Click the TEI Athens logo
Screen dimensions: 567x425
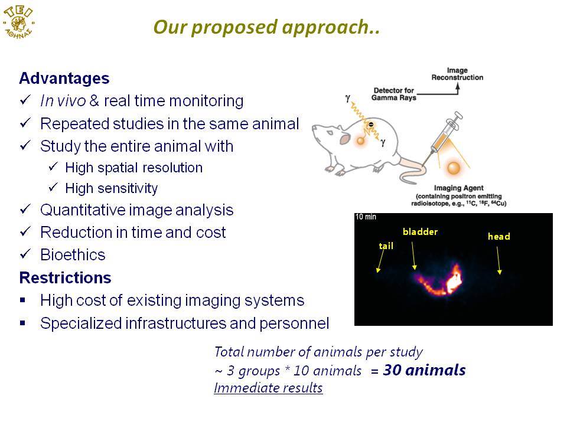point(18,22)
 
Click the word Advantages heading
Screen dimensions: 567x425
point(64,79)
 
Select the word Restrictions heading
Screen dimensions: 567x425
point(65,277)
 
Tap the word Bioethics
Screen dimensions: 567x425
point(73,255)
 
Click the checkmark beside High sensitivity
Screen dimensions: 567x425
point(53,187)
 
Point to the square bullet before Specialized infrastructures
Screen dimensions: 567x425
point(23,323)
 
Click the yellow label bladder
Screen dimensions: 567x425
point(420,231)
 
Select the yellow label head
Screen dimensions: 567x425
point(499,236)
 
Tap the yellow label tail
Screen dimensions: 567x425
point(386,246)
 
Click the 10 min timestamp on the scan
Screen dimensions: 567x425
point(366,217)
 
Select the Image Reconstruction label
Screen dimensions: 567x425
point(457,74)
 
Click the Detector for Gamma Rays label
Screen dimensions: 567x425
point(394,94)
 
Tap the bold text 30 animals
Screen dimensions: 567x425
point(424,370)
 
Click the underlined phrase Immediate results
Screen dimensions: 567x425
point(268,388)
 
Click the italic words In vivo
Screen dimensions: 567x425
point(63,101)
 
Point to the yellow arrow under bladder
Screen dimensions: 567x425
point(413,256)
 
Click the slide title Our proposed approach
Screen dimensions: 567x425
point(267,27)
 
